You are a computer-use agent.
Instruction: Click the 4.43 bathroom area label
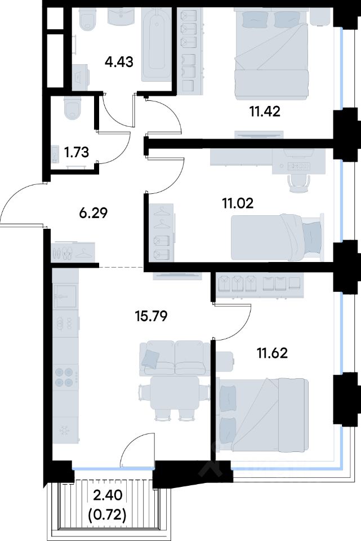pos(119,63)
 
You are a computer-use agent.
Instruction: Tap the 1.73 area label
pos(77,152)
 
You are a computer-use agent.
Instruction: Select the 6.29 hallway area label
pos(93,213)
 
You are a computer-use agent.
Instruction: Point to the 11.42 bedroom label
pos(265,112)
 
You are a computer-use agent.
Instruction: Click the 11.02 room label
pos(238,203)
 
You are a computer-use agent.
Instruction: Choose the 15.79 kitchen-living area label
pos(151,316)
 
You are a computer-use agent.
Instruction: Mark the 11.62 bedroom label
pos(272,353)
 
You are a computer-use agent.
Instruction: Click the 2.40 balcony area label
pos(108,496)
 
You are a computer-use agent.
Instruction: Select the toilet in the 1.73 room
pos(73,108)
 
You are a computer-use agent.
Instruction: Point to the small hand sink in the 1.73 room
pos(56,154)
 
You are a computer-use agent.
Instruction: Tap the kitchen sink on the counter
pos(65,296)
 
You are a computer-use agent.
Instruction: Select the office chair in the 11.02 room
pos(298,182)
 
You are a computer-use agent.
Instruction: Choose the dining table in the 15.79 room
pos(175,393)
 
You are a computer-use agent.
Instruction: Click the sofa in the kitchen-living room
pos(174,358)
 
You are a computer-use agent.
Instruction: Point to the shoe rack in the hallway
pos(73,252)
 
